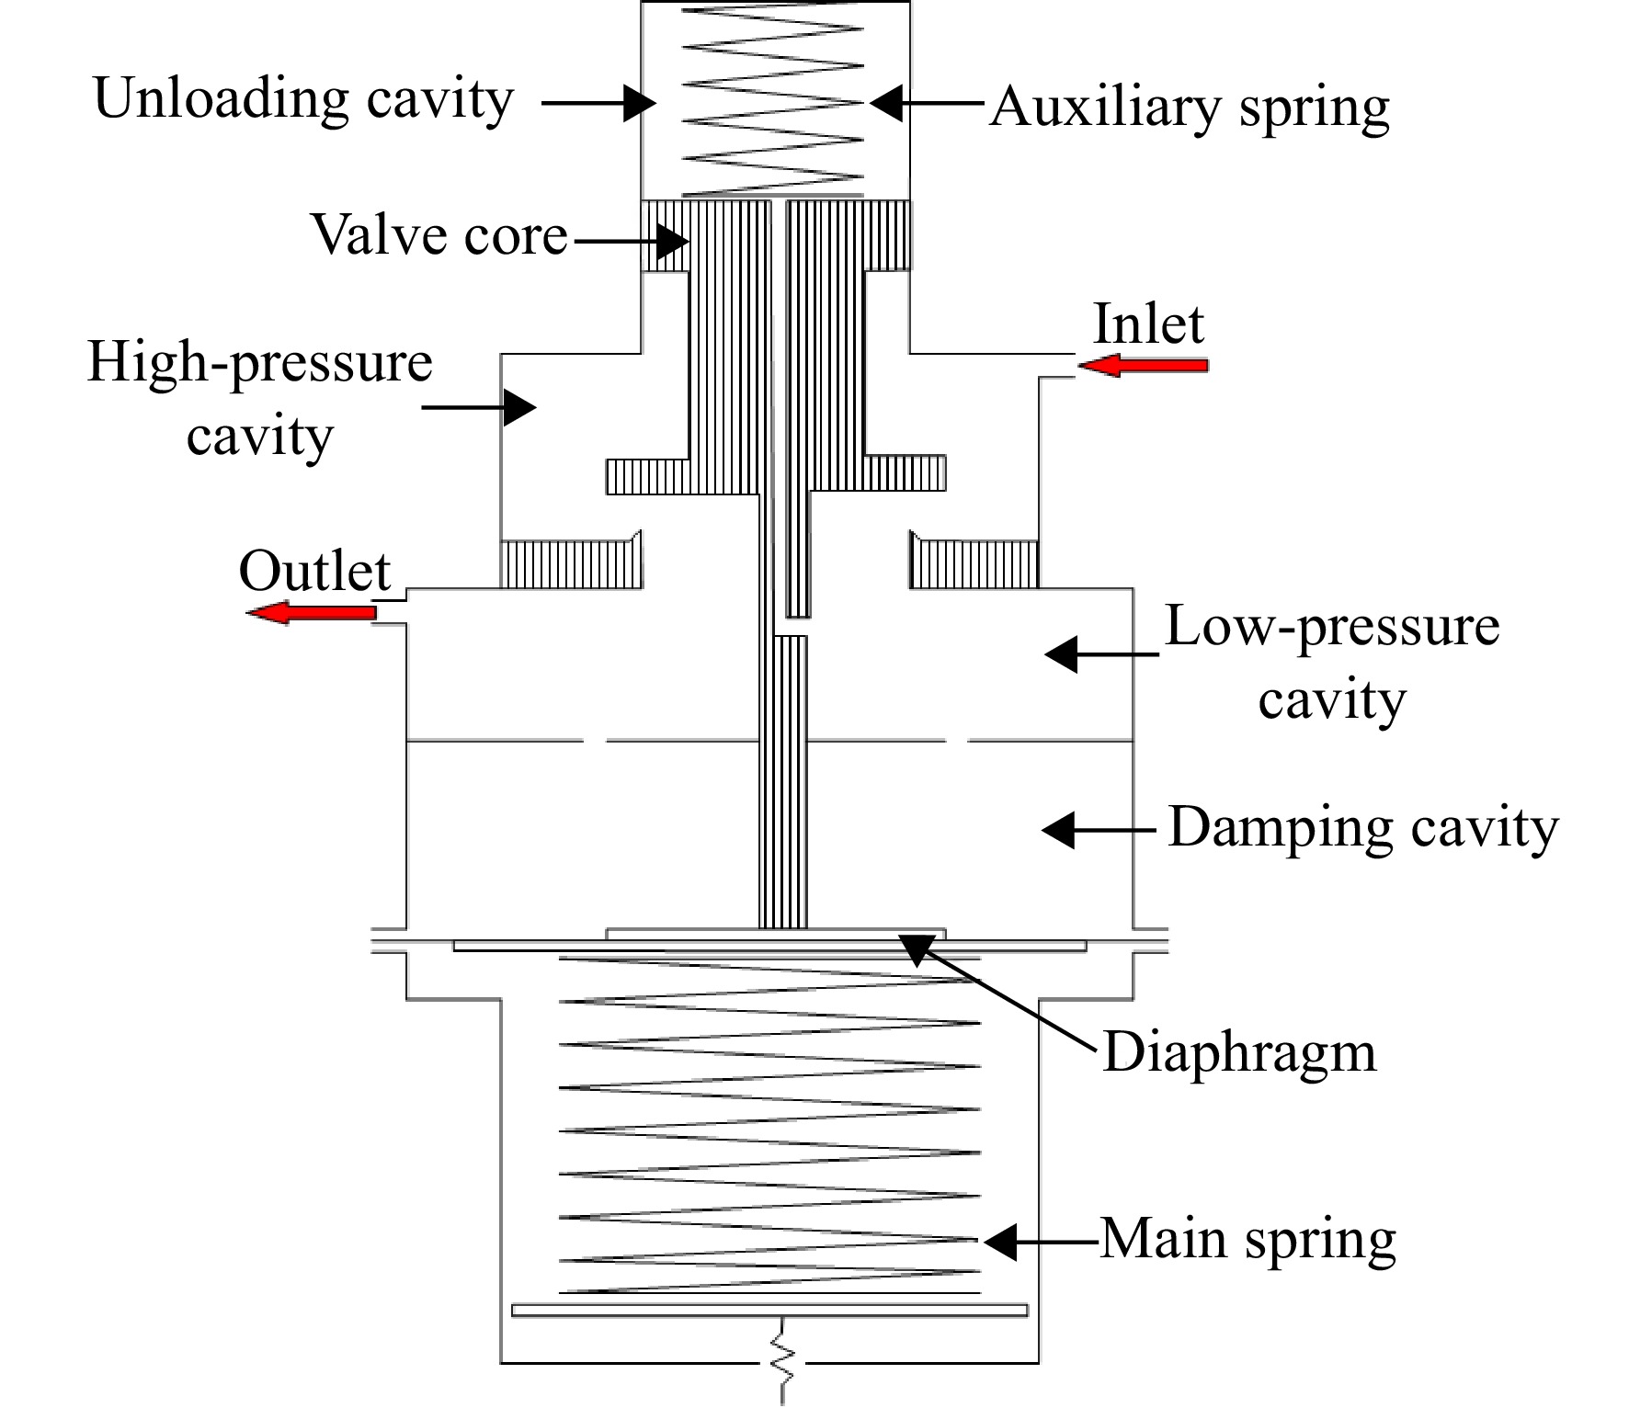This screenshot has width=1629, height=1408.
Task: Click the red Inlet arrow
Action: (x=1143, y=366)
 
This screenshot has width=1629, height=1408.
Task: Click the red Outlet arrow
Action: (x=312, y=612)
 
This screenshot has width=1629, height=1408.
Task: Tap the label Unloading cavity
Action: (x=303, y=99)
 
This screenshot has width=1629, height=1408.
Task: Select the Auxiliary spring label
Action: (x=1190, y=107)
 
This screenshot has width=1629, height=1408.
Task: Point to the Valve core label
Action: (x=440, y=234)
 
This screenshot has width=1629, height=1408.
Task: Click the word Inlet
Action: (x=1148, y=324)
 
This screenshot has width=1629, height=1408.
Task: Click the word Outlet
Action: (x=314, y=571)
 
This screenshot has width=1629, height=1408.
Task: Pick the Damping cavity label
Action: (x=1363, y=828)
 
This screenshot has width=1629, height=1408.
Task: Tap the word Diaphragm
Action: (x=1239, y=1052)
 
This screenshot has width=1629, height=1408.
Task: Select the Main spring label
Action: (x=1247, y=1240)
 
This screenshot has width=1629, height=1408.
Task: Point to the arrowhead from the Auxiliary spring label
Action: (x=886, y=103)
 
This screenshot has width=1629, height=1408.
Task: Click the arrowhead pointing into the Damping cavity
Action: (x=1058, y=830)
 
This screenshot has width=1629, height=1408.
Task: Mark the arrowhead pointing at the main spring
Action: (x=1000, y=1242)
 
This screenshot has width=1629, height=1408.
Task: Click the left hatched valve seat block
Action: (x=571, y=560)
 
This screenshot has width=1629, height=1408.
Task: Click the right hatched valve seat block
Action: (x=974, y=560)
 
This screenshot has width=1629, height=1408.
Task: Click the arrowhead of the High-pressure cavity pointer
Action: (x=519, y=406)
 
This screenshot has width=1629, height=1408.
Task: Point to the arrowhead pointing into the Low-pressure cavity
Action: (x=1061, y=654)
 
